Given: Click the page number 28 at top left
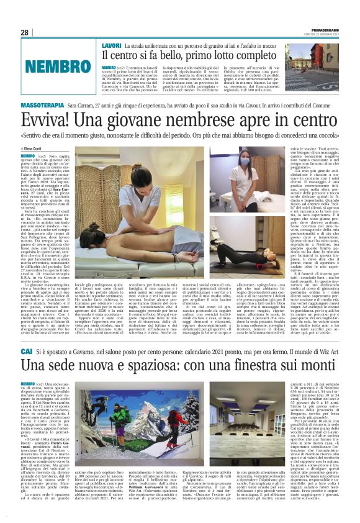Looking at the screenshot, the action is pos(25,32).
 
